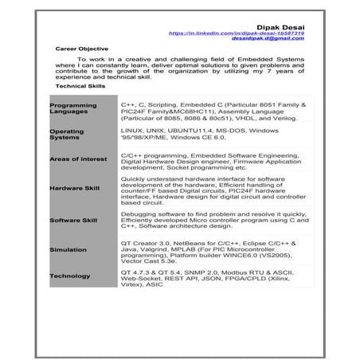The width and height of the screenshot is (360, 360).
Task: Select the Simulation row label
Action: tap(67, 248)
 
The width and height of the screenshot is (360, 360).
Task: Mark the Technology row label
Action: tap(70, 276)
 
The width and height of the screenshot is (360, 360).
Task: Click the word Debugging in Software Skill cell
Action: tap(140, 213)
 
